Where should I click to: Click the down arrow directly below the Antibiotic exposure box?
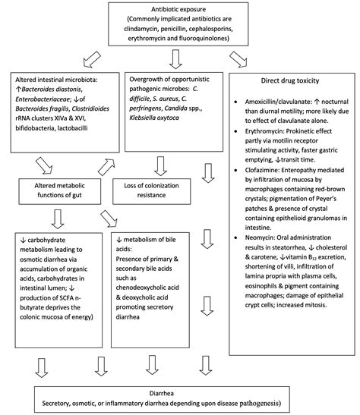point(176,59)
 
